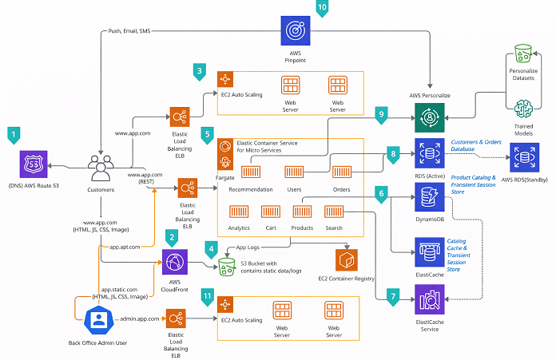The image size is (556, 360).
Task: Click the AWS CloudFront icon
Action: [174, 262]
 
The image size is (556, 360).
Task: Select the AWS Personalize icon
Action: [431, 119]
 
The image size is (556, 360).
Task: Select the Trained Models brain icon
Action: [523, 109]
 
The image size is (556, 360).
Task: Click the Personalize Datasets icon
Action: [523, 55]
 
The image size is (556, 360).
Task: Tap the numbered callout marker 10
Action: [322, 8]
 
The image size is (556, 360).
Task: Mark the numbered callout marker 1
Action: [13, 135]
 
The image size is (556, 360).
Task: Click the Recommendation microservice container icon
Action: [252, 172]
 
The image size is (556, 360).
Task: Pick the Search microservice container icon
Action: [334, 211]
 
